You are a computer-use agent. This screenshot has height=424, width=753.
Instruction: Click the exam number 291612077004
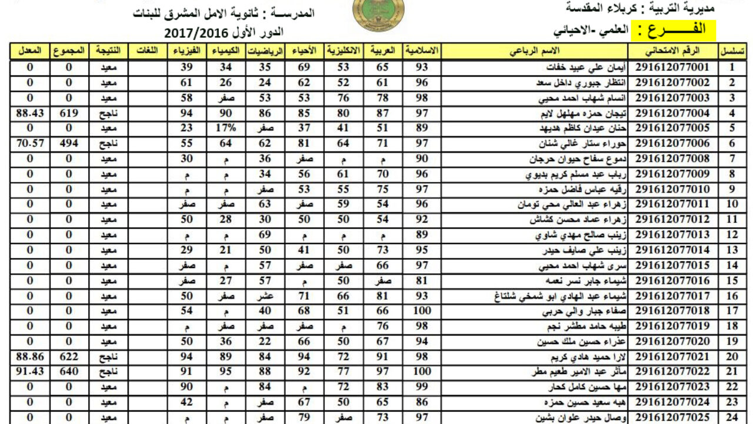click(x=673, y=113)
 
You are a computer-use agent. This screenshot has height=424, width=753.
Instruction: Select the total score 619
click(x=69, y=113)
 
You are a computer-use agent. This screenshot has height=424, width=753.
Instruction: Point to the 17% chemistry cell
click(x=226, y=128)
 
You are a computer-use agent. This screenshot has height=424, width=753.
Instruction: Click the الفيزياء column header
click(x=188, y=51)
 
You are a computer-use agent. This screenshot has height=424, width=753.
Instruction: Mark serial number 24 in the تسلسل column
click(x=732, y=418)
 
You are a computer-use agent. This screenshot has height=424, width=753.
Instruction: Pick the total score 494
click(x=69, y=144)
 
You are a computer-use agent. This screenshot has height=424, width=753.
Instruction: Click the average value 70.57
click(x=30, y=144)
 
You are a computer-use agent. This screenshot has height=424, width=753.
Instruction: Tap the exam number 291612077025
click(x=673, y=418)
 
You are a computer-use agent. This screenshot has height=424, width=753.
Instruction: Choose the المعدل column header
click(x=30, y=51)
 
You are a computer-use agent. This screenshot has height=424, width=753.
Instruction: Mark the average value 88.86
click(x=30, y=357)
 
